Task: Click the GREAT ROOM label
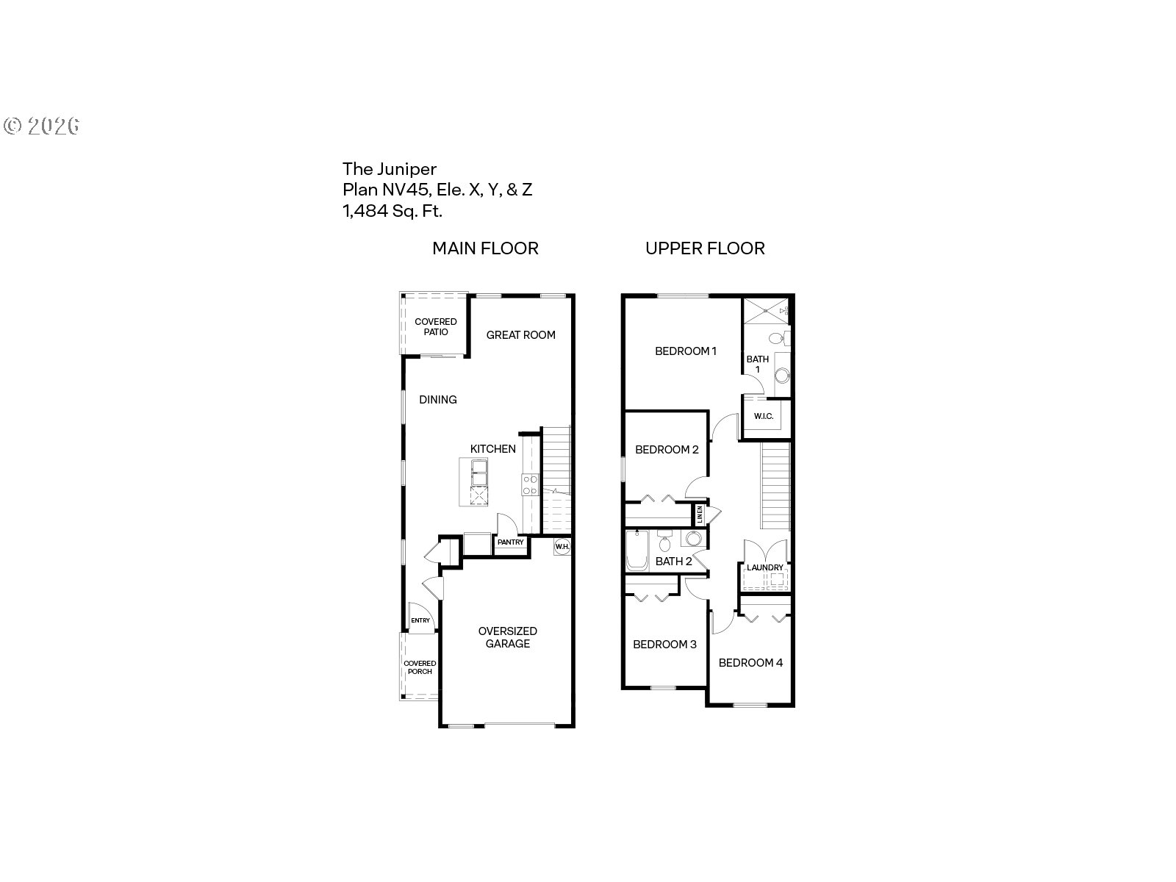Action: coord(520,335)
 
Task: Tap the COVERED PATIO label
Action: coord(436,326)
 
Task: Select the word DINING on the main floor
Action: coord(438,400)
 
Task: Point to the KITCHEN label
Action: coord(493,449)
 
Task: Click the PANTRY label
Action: coord(510,542)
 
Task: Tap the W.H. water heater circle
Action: coord(562,546)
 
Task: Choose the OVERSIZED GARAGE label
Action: coord(507,637)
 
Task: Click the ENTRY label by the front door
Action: coord(420,620)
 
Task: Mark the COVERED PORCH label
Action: coord(420,667)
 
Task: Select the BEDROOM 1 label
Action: coord(685,351)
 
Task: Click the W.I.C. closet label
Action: coord(764,416)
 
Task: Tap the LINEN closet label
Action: coord(699,514)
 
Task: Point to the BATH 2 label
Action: coord(673,562)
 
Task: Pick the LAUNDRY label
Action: coord(764,567)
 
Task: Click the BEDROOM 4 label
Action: coord(750,663)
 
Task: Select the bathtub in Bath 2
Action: coord(637,550)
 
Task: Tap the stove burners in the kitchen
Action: coord(530,484)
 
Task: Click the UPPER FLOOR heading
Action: coord(705,248)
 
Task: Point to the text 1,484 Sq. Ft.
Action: coord(392,211)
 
